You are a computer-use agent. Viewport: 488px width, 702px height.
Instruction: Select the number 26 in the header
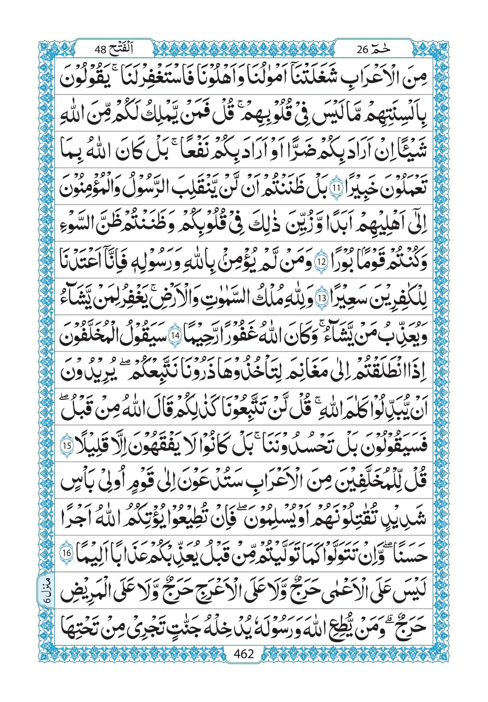[x=363, y=49]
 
